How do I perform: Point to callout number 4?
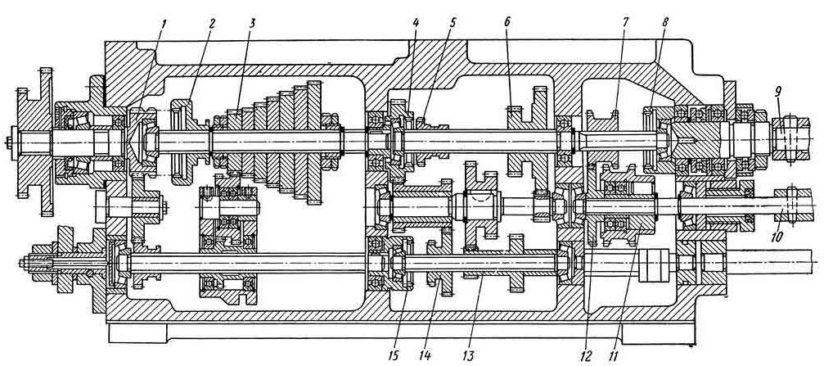point(416,23)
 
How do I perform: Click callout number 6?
point(507,23)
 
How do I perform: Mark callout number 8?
point(666,23)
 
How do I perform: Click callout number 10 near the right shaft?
point(777,237)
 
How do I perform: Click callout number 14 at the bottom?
point(425,356)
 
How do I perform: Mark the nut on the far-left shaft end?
point(9,142)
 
